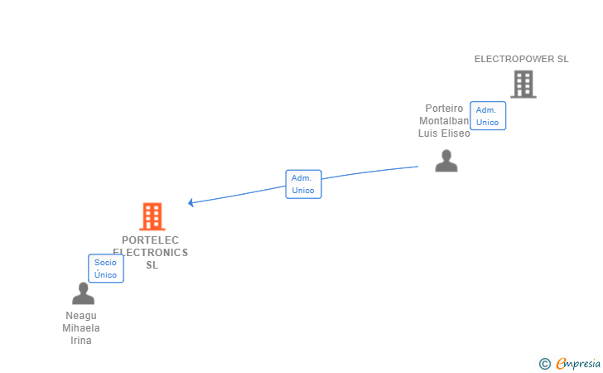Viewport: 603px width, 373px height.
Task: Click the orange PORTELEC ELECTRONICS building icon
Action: (152, 216)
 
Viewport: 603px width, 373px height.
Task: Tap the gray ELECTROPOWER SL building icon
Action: (523, 84)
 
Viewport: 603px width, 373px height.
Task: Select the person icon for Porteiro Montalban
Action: (446, 161)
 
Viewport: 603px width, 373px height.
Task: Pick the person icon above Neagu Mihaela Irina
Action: (83, 293)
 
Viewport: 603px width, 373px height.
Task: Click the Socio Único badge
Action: (106, 269)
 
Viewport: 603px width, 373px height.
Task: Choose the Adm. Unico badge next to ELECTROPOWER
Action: (487, 116)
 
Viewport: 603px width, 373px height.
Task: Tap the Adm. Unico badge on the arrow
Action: (303, 184)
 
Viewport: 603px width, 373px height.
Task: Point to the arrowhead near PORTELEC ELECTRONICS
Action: (191, 202)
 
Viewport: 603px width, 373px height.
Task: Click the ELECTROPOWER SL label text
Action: (521, 59)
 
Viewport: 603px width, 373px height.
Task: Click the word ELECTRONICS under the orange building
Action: (151, 253)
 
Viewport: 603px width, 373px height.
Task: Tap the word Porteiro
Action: (444, 109)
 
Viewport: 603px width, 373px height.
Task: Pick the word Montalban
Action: (444, 121)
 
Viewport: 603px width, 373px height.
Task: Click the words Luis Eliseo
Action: (444, 133)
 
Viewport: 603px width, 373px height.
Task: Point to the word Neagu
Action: (81, 316)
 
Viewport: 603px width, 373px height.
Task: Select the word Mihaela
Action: (81, 328)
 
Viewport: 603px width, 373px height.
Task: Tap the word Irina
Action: (81, 341)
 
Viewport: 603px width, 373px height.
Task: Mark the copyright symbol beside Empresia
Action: (544, 363)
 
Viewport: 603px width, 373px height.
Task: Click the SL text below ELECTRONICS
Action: (152, 265)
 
